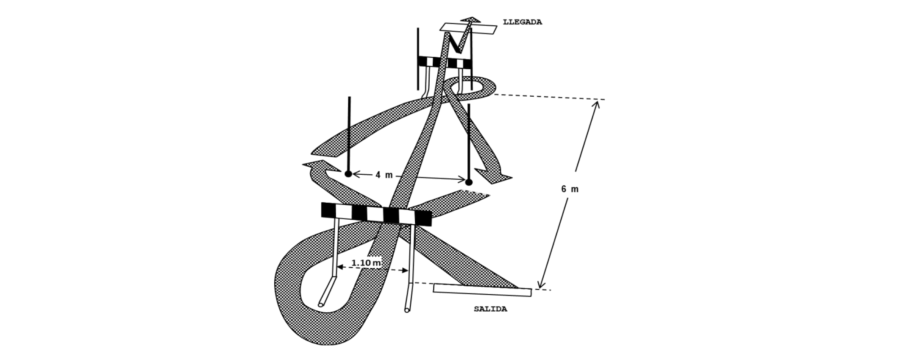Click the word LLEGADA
pos(522,22)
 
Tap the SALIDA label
pos(490,309)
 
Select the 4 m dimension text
pos(384,175)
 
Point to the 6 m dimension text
pos(570,189)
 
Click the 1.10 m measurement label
pos(366,263)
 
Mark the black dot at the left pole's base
pos(348,174)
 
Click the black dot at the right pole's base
pos(469,182)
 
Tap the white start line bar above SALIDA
pos(482,290)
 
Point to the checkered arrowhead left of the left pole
pos(316,166)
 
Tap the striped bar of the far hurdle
pos(445,62)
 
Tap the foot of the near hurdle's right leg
pos(407,310)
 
